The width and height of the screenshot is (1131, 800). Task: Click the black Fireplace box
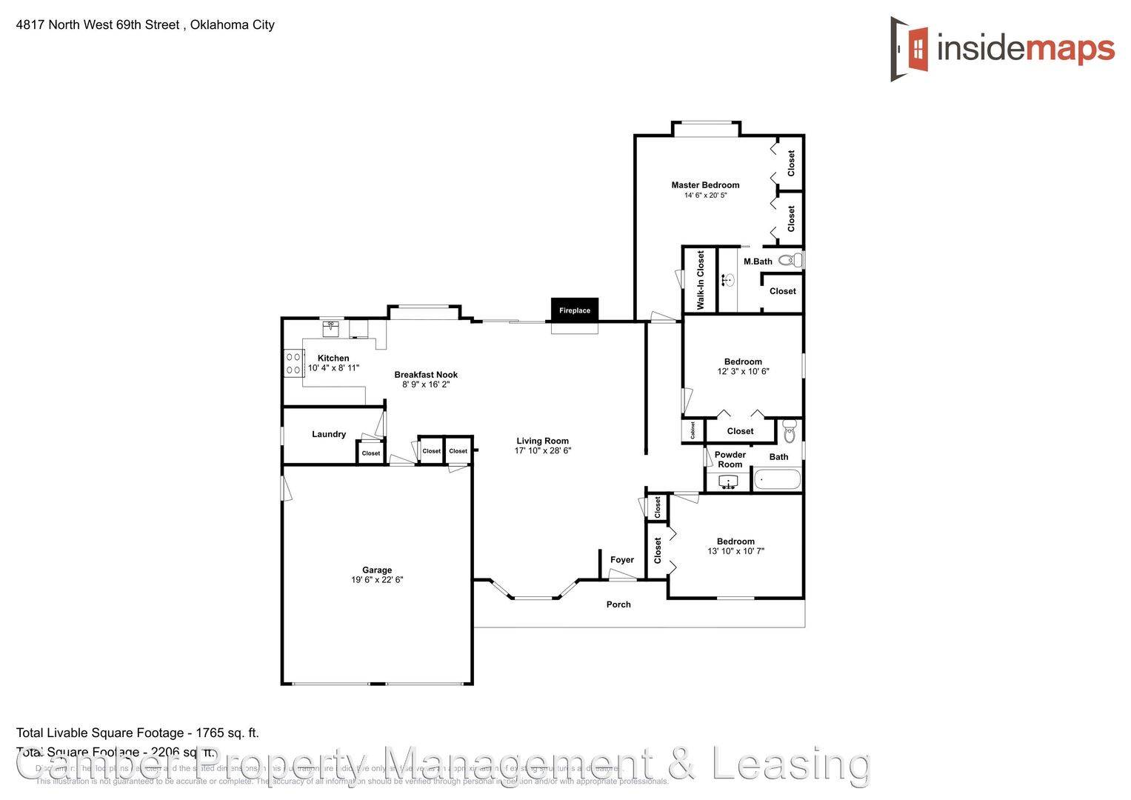(x=574, y=310)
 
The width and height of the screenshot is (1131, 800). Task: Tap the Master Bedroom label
(x=705, y=185)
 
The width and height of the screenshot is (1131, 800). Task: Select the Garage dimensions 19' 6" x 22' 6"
(x=377, y=580)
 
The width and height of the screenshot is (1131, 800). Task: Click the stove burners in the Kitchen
(x=293, y=363)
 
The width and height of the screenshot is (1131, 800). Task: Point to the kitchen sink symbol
(x=330, y=325)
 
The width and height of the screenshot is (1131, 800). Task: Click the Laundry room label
(x=329, y=434)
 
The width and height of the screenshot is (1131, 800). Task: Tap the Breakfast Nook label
(x=426, y=375)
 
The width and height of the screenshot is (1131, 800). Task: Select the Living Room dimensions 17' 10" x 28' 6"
(x=543, y=450)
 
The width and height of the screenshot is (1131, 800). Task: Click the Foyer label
(x=622, y=560)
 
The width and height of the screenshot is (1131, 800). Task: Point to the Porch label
(x=618, y=604)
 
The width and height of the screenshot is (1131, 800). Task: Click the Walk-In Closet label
(x=701, y=279)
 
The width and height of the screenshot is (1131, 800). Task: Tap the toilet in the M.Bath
(x=790, y=260)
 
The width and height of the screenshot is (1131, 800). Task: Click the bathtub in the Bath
(x=777, y=480)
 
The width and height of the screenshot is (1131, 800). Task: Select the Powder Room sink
(x=729, y=483)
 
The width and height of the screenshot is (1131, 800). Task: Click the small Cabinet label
(x=693, y=430)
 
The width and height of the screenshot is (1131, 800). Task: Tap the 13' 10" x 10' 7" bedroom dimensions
(x=735, y=551)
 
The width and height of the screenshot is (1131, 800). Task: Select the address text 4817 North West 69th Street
(x=98, y=24)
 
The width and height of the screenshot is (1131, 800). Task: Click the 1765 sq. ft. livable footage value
(x=227, y=733)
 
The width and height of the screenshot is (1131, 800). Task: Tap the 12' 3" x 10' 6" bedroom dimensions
(x=743, y=371)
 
